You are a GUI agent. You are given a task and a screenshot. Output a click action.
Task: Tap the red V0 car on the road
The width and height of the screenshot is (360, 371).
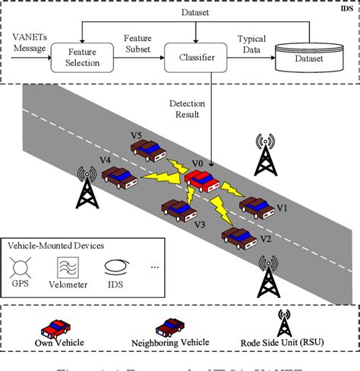coord(204,180)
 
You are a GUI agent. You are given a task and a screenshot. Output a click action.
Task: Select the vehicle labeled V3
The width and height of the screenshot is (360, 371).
coord(179,209)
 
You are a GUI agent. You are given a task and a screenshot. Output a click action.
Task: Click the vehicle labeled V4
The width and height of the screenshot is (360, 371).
coord(120,178)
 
